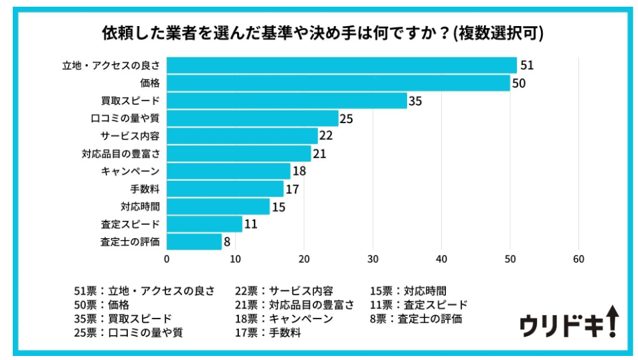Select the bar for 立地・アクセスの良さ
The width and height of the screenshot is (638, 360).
point(341,66)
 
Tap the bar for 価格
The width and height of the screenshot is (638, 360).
point(338,83)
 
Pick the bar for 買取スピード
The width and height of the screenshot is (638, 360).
point(287,101)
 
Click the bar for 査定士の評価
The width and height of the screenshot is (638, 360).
point(194,242)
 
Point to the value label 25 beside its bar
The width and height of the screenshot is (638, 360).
point(346,119)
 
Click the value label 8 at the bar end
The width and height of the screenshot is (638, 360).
point(228,242)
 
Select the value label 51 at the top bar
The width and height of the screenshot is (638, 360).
point(526,66)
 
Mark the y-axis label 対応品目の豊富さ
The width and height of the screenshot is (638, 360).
point(121,154)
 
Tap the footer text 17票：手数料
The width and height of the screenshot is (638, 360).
point(267,333)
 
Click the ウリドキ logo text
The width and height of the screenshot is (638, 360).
point(561,326)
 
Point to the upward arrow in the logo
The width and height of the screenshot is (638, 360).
point(613,321)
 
